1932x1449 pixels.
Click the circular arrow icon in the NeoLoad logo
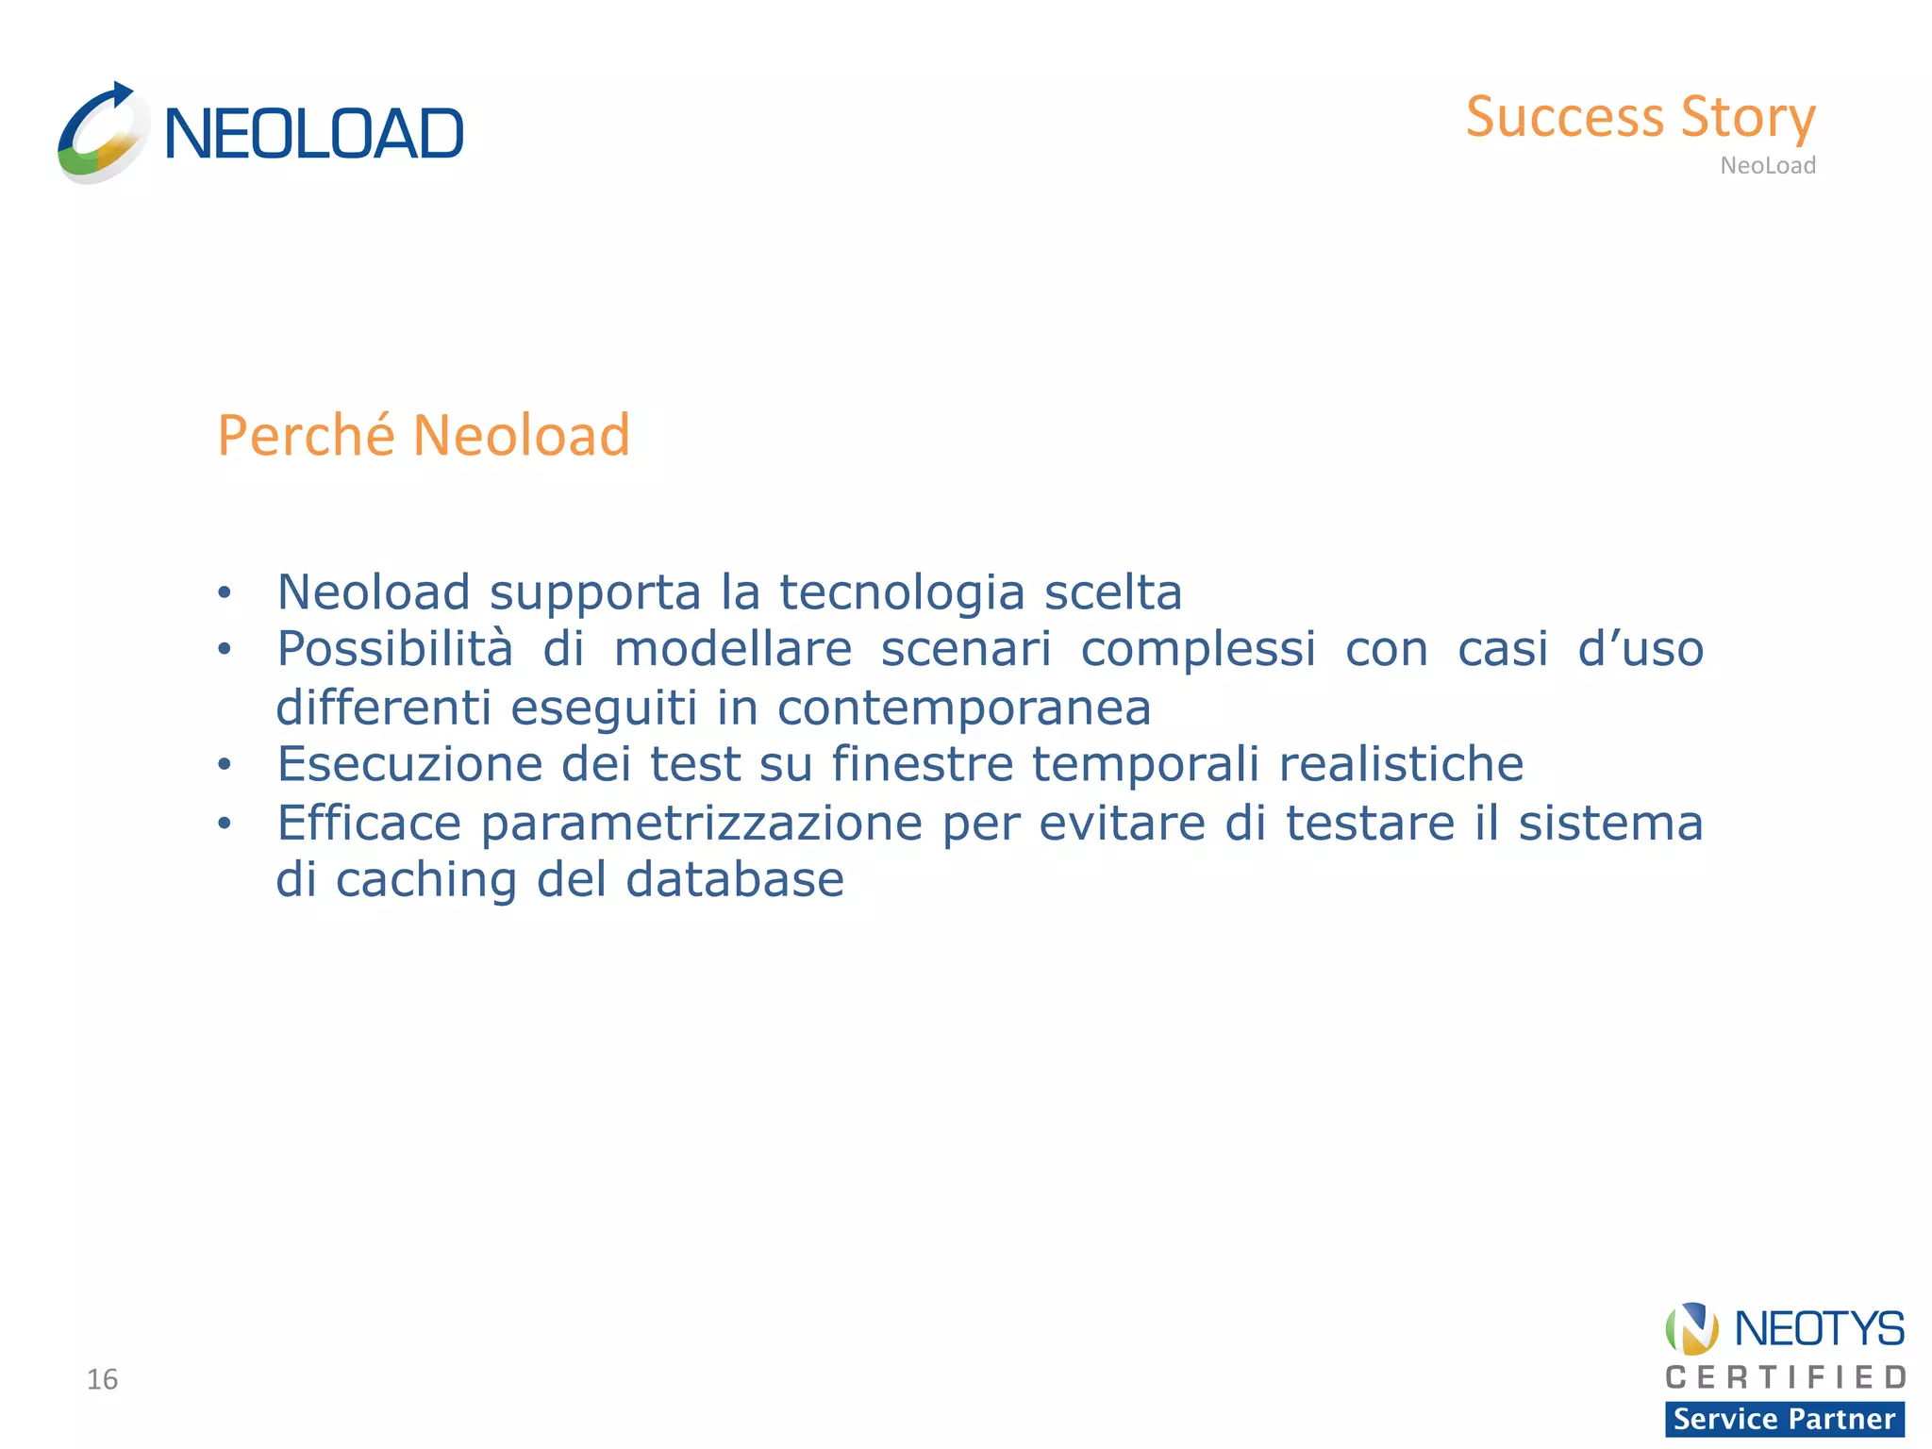click(x=102, y=134)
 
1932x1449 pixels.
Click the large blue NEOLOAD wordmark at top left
click(x=313, y=134)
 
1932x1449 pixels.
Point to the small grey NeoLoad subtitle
click(x=1767, y=166)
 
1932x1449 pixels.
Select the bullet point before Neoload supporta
click(x=224, y=593)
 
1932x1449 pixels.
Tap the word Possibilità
click(x=394, y=649)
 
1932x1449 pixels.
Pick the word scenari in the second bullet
click(x=965, y=649)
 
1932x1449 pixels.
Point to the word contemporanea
click(x=963, y=708)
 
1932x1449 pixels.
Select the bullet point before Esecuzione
click(x=224, y=765)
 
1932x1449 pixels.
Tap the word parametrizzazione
click(x=701, y=823)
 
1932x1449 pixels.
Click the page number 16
click(x=102, y=1379)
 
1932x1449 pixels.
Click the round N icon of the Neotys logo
click(x=1691, y=1328)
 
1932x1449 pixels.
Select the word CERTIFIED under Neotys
click(x=1785, y=1378)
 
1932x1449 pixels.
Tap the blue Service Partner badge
click(x=1784, y=1419)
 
